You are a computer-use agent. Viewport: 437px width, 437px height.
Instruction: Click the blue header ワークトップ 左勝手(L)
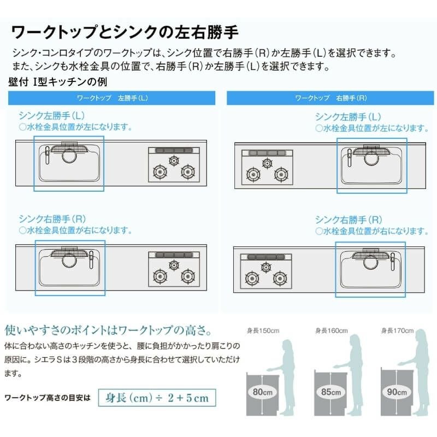point(111,98)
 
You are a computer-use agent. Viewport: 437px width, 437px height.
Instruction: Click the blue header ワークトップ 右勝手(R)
point(330,98)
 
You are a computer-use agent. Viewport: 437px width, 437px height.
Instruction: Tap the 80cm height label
point(262,392)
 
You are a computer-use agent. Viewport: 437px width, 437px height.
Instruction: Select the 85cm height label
point(331,392)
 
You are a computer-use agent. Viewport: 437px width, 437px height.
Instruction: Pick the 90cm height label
point(397,392)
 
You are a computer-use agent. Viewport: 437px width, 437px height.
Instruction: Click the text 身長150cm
point(263,330)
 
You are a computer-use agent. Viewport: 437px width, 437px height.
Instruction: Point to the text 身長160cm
point(332,330)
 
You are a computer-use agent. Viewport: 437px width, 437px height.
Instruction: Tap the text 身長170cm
point(398,330)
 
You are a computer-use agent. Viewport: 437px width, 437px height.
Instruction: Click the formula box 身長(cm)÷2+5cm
point(157,398)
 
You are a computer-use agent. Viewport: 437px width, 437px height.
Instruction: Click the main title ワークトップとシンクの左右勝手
point(125,32)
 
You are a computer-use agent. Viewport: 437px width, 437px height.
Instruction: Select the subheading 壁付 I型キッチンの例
point(58,82)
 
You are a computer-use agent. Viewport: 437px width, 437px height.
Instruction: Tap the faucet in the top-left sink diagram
point(47,155)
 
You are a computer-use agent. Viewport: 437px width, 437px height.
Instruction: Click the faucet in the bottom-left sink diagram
point(91,260)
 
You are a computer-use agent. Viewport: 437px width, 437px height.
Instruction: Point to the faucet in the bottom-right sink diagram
point(393,262)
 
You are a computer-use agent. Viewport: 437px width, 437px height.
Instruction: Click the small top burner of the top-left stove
point(174,161)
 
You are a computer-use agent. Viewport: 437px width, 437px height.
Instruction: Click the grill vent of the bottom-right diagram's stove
point(266,257)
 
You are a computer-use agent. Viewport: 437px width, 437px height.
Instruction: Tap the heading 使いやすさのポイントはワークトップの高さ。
point(108,330)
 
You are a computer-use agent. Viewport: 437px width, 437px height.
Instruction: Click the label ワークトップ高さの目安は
point(48,398)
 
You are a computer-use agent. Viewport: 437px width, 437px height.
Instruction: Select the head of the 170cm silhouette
point(422,336)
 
